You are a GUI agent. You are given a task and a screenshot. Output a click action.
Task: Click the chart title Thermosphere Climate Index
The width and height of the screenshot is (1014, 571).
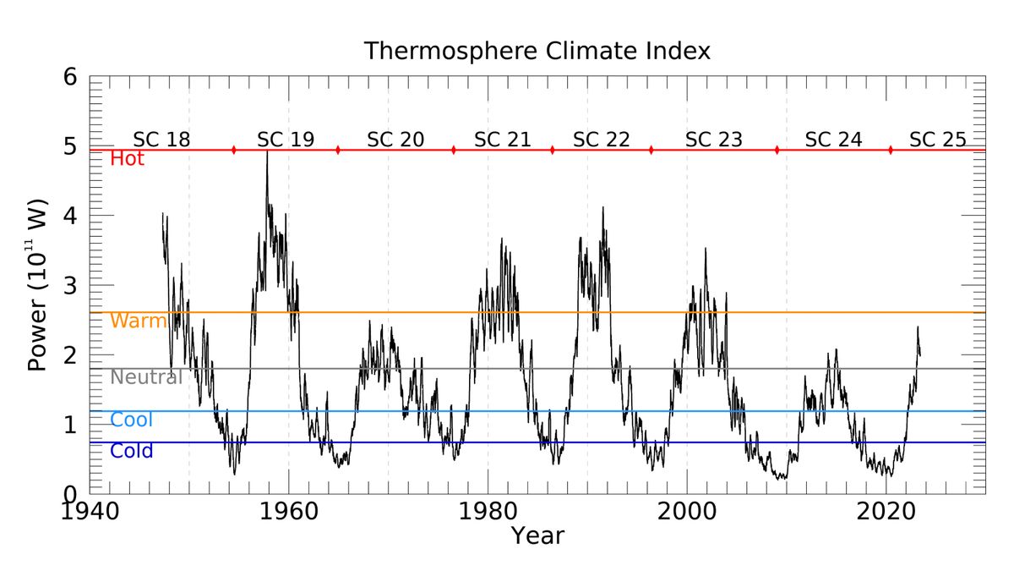click(x=537, y=51)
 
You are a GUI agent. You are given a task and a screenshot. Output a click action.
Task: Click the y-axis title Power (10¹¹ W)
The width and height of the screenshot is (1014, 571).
click(x=38, y=286)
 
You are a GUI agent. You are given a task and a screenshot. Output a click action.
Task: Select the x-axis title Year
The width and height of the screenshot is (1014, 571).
click(x=537, y=535)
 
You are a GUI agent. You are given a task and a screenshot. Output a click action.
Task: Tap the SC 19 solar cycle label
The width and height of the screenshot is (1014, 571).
click(x=286, y=140)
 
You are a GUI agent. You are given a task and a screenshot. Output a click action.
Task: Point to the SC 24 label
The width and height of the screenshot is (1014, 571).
click(x=833, y=140)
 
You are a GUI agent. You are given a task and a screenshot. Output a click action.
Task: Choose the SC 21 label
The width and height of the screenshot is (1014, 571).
click(x=503, y=140)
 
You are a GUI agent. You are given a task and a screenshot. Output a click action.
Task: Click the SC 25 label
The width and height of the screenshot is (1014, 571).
click(x=937, y=140)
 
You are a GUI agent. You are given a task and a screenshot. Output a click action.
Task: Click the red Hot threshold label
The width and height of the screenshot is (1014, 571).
click(x=128, y=159)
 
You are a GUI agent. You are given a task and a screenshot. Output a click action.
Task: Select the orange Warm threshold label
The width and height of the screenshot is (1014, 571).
click(x=139, y=321)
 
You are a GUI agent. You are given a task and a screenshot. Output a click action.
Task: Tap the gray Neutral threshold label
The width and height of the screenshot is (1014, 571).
click(x=146, y=377)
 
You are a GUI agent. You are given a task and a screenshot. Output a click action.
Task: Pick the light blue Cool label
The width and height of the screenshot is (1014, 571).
click(x=132, y=420)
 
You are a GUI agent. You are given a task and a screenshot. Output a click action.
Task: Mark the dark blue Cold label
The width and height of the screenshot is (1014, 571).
click(x=132, y=451)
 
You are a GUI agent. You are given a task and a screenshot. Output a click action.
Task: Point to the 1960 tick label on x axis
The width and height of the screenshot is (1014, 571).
click(x=289, y=511)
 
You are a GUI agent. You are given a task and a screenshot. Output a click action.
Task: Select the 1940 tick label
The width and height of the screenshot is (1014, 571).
click(x=90, y=511)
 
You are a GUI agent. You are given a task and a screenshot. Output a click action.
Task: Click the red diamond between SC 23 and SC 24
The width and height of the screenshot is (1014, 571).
click(x=777, y=150)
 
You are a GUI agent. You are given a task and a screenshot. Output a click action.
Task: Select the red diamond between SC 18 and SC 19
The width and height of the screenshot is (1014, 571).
click(x=233, y=150)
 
